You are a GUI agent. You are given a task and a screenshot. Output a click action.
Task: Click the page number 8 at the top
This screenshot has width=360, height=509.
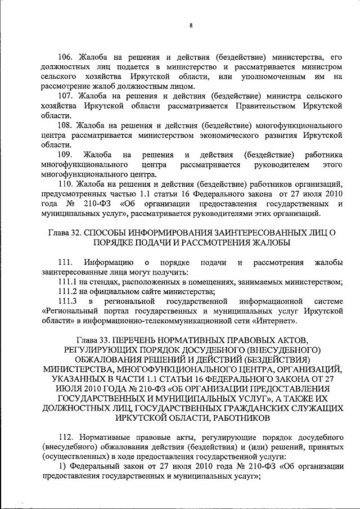(191, 25)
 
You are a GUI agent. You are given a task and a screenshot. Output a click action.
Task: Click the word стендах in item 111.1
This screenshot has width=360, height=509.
(93, 281)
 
